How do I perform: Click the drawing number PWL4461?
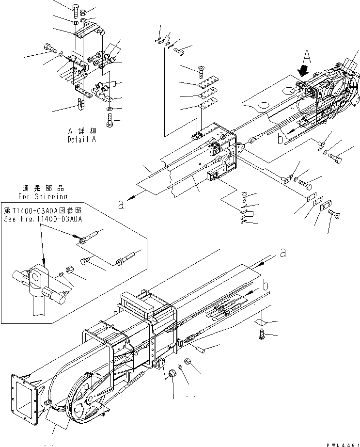343,443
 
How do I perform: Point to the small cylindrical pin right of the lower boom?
203,347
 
